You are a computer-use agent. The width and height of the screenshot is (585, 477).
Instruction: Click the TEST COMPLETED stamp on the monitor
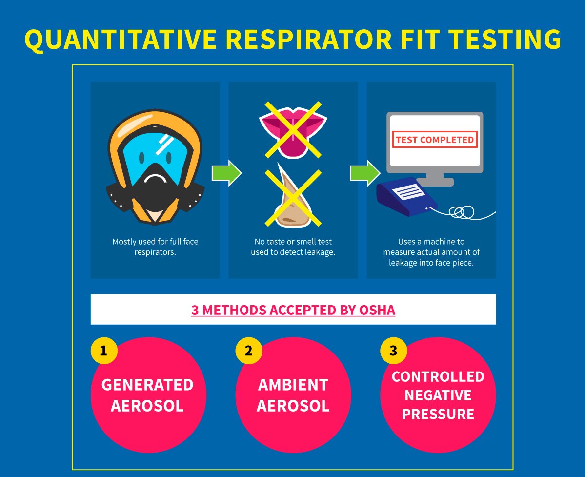pyautogui.click(x=434, y=140)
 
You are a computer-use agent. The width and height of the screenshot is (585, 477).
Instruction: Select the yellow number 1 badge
pyautogui.click(x=103, y=350)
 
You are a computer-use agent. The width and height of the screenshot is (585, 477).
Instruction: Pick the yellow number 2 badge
pyautogui.click(x=248, y=350)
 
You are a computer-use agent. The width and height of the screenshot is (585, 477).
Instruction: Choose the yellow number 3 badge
pyautogui.click(x=393, y=350)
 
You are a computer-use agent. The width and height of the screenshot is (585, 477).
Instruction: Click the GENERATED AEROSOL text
pyautogui.click(x=147, y=394)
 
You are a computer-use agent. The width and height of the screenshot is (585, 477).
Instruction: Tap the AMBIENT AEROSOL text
pyautogui.click(x=293, y=394)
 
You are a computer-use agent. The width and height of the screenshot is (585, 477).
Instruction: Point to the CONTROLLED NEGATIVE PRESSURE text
pyautogui.click(x=438, y=395)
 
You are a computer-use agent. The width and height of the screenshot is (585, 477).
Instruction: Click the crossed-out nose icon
pyautogui.click(x=292, y=198)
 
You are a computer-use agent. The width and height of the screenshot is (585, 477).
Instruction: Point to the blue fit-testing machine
pyautogui.click(x=406, y=196)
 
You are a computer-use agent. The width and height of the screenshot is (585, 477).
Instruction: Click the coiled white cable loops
pyautogui.click(x=461, y=211)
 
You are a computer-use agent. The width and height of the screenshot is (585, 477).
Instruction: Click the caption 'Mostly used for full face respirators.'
pyautogui.click(x=155, y=247)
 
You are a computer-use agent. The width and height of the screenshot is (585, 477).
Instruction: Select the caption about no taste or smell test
pyautogui.click(x=293, y=247)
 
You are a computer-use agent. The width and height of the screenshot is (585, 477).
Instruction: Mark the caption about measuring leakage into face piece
pyautogui.click(x=431, y=252)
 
